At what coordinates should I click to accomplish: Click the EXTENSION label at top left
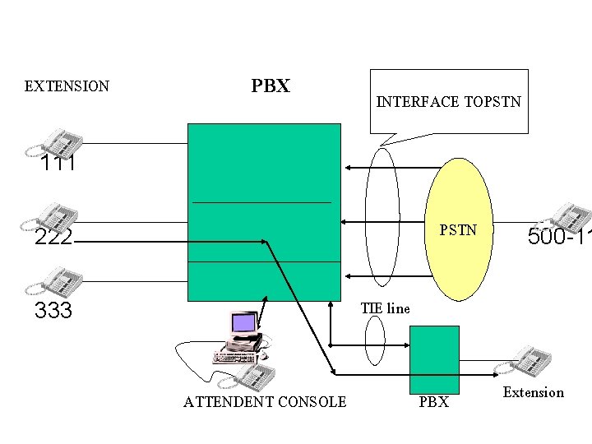click(67, 86)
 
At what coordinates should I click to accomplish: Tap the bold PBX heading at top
click(271, 86)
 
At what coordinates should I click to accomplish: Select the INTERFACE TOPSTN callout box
click(449, 102)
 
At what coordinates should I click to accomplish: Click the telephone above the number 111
click(54, 141)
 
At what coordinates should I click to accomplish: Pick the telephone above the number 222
click(50, 216)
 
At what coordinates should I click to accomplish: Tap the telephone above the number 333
click(53, 281)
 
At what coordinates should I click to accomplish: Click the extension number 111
click(58, 164)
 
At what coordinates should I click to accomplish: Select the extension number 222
click(53, 238)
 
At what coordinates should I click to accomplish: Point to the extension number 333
click(53, 311)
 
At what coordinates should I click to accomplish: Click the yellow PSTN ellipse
click(457, 229)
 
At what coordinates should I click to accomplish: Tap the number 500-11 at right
click(559, 237)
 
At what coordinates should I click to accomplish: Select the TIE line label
click(385, 309)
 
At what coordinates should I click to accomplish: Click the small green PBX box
click(434, 359)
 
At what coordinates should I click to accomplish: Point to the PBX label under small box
click(434, 403)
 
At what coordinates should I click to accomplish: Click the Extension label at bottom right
click(534, 392)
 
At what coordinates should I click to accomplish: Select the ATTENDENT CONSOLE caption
click(265, 402)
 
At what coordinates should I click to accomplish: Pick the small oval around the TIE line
click(374, 340)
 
